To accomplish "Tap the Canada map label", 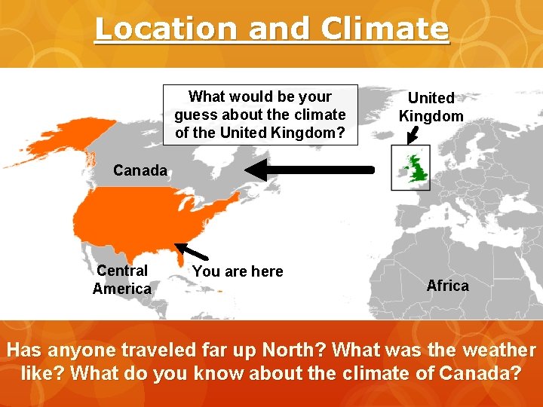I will (x=140, y=170).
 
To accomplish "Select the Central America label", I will (x=122, y=280).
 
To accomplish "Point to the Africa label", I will (x=447, y=286).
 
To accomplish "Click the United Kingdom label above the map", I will (x=431, y=107).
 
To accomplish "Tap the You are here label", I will (x=238, y=271).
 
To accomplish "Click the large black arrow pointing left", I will (x=309, y=170).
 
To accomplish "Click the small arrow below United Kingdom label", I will (x=412, y=134).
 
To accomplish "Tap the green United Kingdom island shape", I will (x=414, y=171).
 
